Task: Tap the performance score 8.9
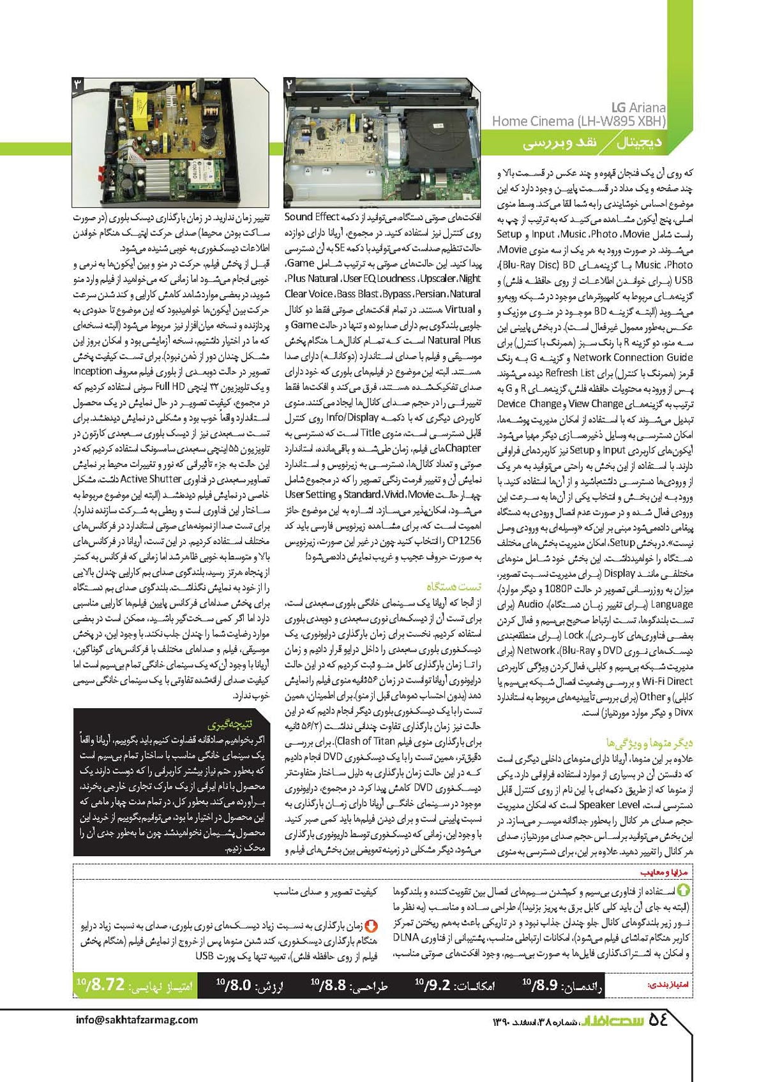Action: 544,985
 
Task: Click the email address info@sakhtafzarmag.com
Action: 137,1019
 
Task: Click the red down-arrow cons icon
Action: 371,926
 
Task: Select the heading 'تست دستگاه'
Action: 454,586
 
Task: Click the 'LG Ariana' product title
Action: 638,107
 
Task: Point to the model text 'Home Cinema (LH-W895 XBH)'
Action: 579,121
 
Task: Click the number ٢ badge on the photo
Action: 290,84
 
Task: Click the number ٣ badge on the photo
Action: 79,84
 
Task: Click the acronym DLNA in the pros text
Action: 406,938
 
